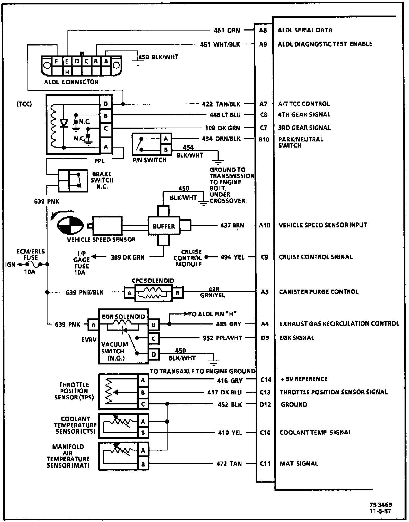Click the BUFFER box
(x=164, y=226)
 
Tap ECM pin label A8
(x=263, y=30)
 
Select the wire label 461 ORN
(x=227, y=30)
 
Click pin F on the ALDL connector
(x=57, y=61)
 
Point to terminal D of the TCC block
(x=106, y=104)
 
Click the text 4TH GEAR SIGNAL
(x=304, y=115)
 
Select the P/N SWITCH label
(x=149, y=160)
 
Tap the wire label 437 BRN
(x=232, y=225)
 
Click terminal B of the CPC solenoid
(x=178, y=293)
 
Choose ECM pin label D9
(x=265, y=338)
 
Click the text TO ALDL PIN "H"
(x=212, y=314)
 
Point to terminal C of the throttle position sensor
(x=143, y=404)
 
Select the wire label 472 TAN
(x=229, y=463)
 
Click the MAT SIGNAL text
(x=299, y=463)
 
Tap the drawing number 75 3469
(x=381, y=505)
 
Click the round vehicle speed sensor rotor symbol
(x=70, y=225)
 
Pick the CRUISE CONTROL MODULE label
(x=188, y=258)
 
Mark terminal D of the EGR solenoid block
(x=154, y=354)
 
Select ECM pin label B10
(x=264, y=140)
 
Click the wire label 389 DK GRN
(x=128, y=257)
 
